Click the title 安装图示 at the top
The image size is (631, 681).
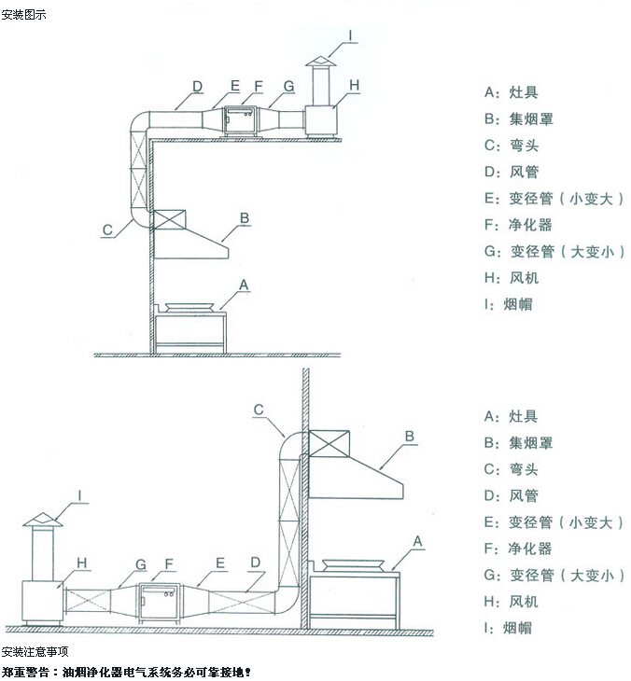pos(23,15)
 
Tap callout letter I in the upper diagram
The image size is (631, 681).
pos(351,35)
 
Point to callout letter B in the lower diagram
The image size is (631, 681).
pos(409,435)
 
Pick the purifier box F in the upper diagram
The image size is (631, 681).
pos(239,120)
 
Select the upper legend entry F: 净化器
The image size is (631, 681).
pos(518,225)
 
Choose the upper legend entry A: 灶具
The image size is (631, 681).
pos(512,93)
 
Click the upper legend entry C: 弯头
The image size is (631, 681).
pos(512,146)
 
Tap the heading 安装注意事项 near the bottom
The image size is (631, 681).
pos(35,651)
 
